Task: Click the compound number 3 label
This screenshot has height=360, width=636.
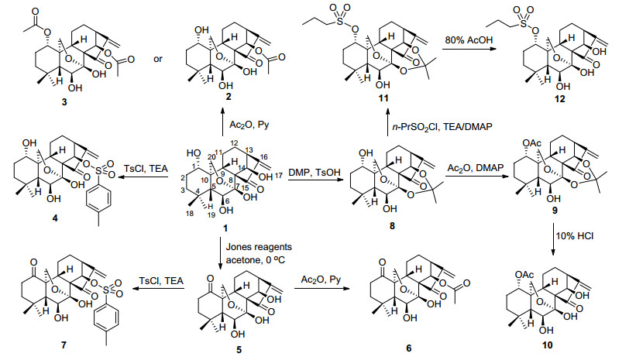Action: pyautogui.click(x=64, y=102)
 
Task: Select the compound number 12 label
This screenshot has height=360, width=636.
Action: pyautogui.click(x=560, y=99)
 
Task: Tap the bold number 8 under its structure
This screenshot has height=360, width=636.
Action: pyautogui.click(x=392, y=226)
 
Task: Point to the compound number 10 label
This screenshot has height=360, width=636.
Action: pyautogui.click(x=547, y=345)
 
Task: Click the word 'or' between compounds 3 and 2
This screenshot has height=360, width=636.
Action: pyautogui.click(x=158, y=59)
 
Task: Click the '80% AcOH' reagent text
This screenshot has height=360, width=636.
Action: pyautogui.click(x=469, y=39)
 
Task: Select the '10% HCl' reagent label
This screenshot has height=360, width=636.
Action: pyautogui.click(x=574, y=235)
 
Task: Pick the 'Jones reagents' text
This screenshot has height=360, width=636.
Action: pyautogui.click(x=259, y=246)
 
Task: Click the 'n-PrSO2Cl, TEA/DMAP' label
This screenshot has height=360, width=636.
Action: pyautogui.click(x=442, y=127)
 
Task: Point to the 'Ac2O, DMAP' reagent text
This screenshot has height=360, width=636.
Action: pyautogui.click(x=475, y=167)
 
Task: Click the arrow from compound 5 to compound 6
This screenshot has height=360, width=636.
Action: pyautogui.click(x=321, y=289)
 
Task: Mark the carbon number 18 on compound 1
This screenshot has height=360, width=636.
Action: pyautogui.click(x=190, y=213)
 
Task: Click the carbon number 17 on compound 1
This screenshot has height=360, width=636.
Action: pyautogui.click(x=278, y=176)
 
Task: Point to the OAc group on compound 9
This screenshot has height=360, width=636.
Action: pyautogui.click(x=531, y=143)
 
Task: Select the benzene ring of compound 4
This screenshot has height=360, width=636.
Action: pyautogui.click(x=99, y=198)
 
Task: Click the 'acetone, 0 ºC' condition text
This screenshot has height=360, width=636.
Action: pyautogui.click(x=256, y=259)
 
